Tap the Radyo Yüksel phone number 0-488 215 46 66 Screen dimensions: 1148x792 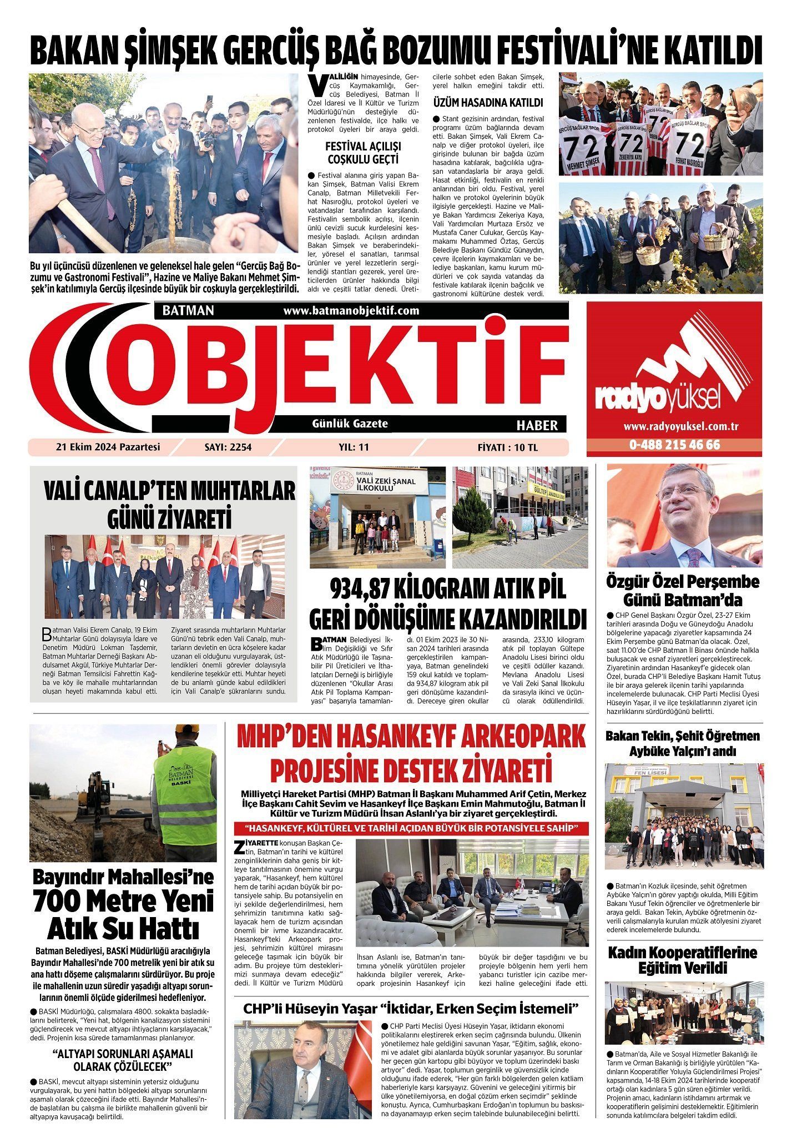pos(674,445)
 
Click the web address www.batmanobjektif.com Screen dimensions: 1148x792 pos(351,311)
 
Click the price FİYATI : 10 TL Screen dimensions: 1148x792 pos(507,447)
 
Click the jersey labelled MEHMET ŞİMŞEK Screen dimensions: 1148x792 pos(584,150)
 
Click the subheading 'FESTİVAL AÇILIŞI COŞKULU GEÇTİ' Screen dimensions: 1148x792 pos(364,153)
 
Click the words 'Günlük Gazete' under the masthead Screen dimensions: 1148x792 pos(350,424)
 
